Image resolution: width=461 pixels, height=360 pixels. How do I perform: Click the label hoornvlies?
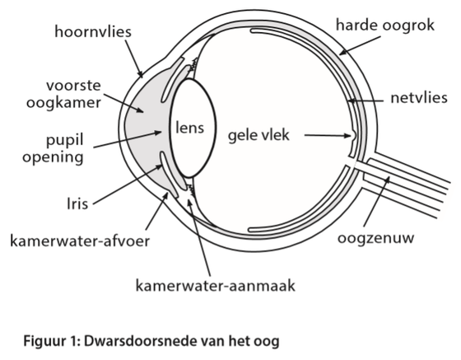[x=93, y=31]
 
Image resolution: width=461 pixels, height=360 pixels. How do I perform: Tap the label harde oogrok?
[x=385, y=25]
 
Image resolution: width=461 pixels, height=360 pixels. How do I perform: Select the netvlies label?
[x=419, y=98]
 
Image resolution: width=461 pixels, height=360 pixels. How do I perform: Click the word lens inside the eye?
[x=189, y=128]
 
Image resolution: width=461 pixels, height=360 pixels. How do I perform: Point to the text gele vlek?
[x=258, y=135]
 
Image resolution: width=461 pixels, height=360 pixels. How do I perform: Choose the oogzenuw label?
[x=375, y=238]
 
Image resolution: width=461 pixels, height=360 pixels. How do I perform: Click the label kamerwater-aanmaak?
[x=215, y=285]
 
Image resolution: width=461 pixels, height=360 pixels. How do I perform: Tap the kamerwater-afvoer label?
[x=80, y=241]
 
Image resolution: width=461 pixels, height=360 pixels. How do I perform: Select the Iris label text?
[x=77, y=203]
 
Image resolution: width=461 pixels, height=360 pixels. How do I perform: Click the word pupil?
[x=65, y=140]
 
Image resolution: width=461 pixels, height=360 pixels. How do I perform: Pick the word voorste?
[x=73, y=86]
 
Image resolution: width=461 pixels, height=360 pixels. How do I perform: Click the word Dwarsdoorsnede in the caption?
[x=141, y=341]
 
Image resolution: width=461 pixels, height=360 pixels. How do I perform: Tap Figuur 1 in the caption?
[x=52, y=342]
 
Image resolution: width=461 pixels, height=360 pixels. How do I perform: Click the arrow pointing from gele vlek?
[x=328, y=136]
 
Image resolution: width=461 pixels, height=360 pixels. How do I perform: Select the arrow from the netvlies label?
[x=366, y=101]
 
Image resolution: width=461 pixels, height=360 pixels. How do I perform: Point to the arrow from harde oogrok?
[x=360, y=45]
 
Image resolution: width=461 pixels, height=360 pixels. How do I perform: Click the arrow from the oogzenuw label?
[x=377, y=201]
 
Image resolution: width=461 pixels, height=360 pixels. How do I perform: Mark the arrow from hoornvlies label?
[x=134, y=58]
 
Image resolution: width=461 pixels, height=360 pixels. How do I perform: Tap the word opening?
[x=53, y=157]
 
